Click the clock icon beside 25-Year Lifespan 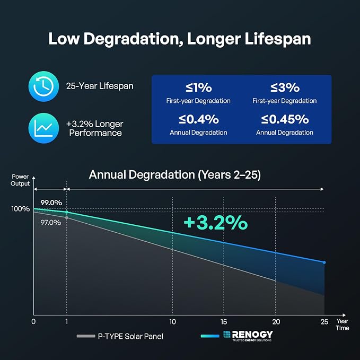coord(43,86)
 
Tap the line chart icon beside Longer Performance coord(43,128)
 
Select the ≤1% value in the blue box coord(199,87)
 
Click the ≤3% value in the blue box coord(285,87)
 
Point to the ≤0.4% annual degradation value coord(199,119)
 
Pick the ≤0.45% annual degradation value coord(285,119)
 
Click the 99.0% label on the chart coord(51,203)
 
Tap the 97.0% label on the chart coord(51,223)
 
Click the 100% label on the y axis coord(21,209)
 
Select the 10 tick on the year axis coord(173,322)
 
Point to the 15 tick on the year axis coord(224,322)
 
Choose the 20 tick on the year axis coord(276,322)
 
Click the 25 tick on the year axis coord(324,322)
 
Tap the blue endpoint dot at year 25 coord(324,262)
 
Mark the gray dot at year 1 coord(67,218)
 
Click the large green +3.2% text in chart coord(216,223)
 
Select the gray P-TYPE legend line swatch coord(86,336)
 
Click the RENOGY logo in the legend coord(248,336)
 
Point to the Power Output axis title coord(20,180)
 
